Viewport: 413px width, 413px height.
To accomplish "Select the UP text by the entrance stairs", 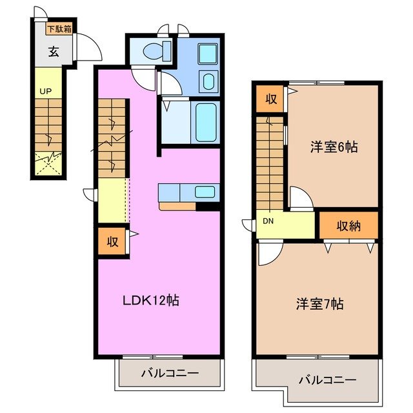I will tap(45, 92).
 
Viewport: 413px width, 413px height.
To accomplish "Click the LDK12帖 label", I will tap(151, 299).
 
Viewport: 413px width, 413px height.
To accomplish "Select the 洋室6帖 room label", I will tap(334, 146).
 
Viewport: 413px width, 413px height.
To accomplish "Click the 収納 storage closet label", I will tap(348, 225).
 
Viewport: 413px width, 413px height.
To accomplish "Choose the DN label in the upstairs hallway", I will tap(267, 221).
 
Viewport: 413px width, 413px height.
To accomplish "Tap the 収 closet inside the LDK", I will tap(112, 241).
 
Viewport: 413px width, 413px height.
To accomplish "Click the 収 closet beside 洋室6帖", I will tap(270, 99).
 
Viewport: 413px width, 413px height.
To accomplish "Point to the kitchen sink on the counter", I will tap(205, 191).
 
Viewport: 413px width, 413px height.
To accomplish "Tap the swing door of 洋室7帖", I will tap(267, 254).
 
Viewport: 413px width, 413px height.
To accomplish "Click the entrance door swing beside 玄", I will tap(86, 48).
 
